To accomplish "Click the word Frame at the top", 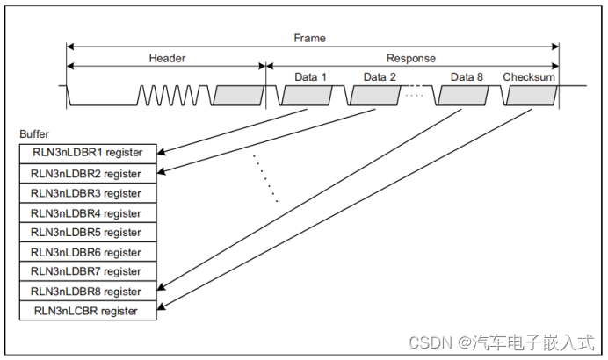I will coord(308,39).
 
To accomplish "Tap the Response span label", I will coord(411,58).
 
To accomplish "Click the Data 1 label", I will coord(310,76).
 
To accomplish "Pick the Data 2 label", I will coord(380,76).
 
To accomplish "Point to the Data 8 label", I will coord(467,76).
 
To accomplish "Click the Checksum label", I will coord(529,76).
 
